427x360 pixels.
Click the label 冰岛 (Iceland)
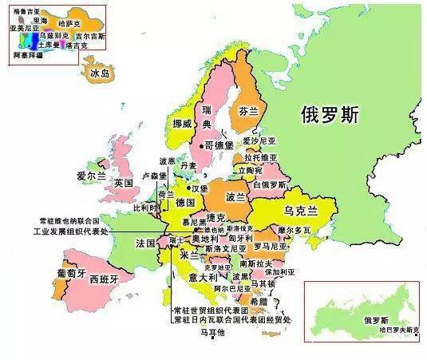(x=100, y=74)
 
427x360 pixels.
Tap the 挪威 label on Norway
(x=182, y=125)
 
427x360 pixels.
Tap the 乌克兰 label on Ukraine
(x=301, y=210)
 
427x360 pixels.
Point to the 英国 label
(x=123, y=183)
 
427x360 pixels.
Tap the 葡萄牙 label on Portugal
(x=71, y=272)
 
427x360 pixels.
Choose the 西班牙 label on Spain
(x=104, y=280)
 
